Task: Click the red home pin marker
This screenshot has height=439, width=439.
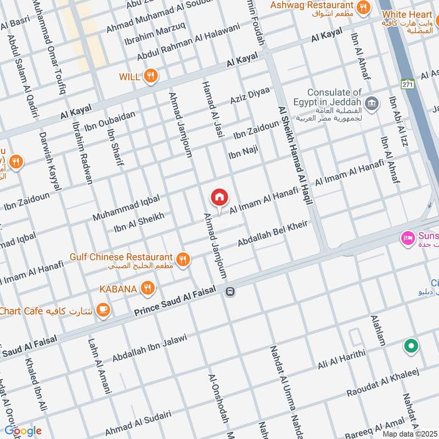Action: tap(219, 198)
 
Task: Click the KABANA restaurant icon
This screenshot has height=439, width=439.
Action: tap(147, 288)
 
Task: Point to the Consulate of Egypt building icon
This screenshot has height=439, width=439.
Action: tap(372, 103)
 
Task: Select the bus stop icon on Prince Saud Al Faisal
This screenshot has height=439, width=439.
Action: tap(230, 292)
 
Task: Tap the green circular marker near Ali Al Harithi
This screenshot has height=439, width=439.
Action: tap(410, 346)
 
